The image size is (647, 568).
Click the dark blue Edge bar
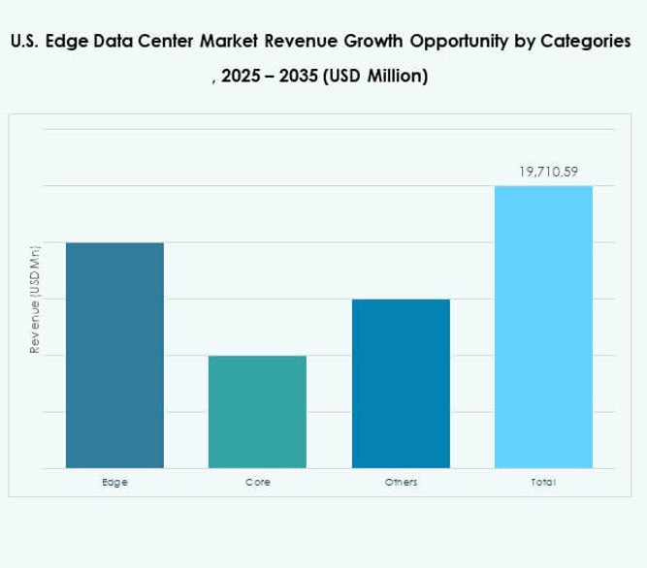click(x=114, y=355)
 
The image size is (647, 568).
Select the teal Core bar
click(x=257, y=411)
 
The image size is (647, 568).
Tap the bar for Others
click(x=401, y=383)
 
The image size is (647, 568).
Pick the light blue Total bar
click(x=543, y=327)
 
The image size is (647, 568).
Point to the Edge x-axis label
click(x=114, y=482)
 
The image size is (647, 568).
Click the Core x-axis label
click(x=257, y=482)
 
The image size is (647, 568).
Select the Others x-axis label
click(x=401, y=482)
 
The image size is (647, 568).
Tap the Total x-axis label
click(x=543, y=482)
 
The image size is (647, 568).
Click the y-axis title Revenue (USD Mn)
click(x=34, y=299)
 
